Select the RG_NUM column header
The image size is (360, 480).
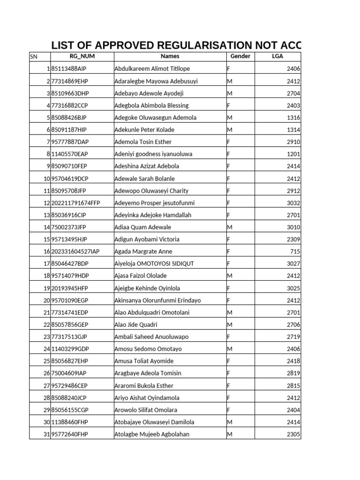[82, 56]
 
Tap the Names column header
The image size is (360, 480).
[170, 56]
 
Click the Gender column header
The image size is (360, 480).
[240, 56]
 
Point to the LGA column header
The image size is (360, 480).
[277, 56]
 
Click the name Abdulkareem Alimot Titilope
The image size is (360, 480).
[152, 69]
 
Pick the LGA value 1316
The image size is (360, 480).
[293, 118]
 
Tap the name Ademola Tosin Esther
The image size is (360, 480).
[143, 142]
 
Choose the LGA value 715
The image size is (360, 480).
[295, 252]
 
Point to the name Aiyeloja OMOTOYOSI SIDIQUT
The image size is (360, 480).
[154, 264]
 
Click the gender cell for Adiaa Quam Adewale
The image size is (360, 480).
[230, 227]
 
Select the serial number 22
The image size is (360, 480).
[46, 325]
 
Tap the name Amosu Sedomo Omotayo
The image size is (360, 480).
[148, 349]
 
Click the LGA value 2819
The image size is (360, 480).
[293, 374]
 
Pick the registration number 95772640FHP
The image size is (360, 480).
[70, 435]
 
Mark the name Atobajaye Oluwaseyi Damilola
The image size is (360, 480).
[154, 422]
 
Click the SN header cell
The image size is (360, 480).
[34, 57]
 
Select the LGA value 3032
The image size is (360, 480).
[293, 203]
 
